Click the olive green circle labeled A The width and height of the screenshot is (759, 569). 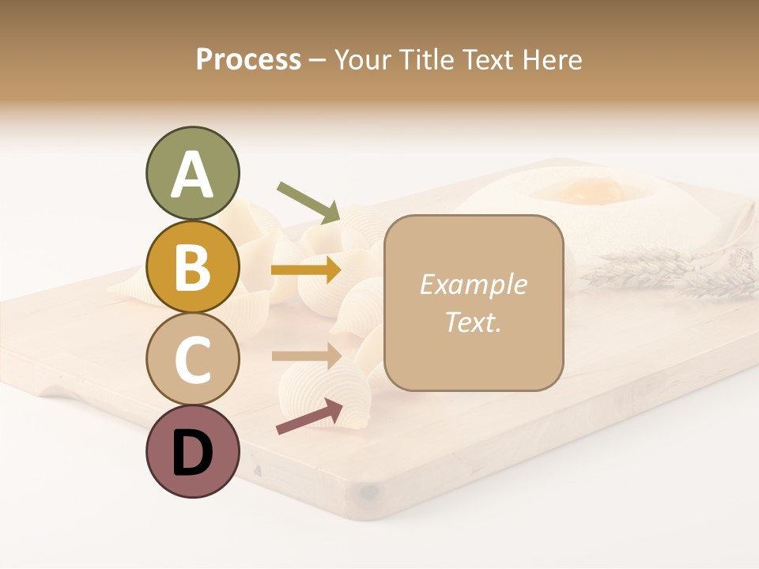tap(192, 174)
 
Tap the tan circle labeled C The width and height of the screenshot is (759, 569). tap(192, 359)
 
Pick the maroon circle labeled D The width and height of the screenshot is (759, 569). tap(192, 451)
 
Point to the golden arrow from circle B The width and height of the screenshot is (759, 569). tap(306, 270)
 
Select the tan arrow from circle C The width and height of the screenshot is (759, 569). tap(306, 356)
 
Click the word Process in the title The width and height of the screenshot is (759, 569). tap(248, 60)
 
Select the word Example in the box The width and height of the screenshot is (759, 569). tap(473, 284)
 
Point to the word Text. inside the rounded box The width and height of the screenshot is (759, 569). tap(473, 322)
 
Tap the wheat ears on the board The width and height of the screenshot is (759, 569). tap(672, 269)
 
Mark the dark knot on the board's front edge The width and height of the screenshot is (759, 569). tap(367, 492)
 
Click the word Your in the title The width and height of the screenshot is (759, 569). tap(362, 60)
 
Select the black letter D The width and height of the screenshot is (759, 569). tap(192, 453)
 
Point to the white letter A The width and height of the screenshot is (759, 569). tap(192, 175)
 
